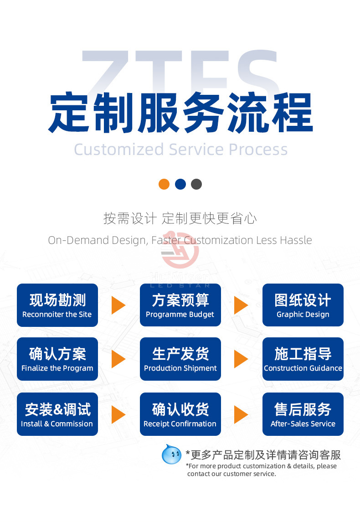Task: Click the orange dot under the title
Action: click(x=164, y=184)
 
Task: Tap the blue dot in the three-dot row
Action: click(x=180, y=184)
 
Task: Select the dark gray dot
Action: click(x=196, y=184)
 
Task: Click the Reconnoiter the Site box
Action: click(x=57, y=305)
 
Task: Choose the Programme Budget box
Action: click(x=180, y=305)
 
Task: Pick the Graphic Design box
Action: click(x=303, y=305)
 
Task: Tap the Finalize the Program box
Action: click(x=57, y=359)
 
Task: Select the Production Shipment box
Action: click(x=180, y=359)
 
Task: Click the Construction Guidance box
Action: click(x=303, y=359)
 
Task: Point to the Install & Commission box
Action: click(x=57, y=414)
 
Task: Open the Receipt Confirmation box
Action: click(x=180, y=414)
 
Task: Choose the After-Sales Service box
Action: click(x=303, y=414)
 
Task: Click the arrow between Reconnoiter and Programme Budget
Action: click(x=118, y=305)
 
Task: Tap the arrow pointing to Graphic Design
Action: click(x=241, y=305)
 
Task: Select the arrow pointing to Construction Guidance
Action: click(x=241, y=359)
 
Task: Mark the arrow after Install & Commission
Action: click(x=118, y=414)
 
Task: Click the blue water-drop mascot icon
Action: click(x=171, y=454)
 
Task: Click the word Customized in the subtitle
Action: click(x=118, y=150)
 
